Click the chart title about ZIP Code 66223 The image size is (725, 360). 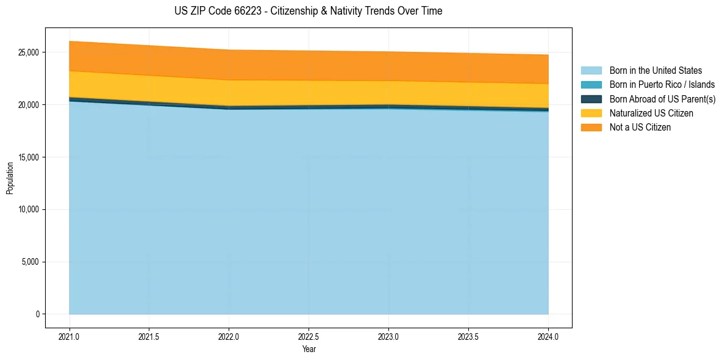(309, 11)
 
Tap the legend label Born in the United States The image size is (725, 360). (655, 71)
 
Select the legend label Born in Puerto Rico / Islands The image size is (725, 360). (662, 85)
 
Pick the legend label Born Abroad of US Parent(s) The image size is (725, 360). (662, 99)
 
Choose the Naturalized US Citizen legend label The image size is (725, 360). (651, 113)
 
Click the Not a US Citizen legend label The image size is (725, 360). (640, 128)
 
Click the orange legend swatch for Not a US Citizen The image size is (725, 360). (591, 128)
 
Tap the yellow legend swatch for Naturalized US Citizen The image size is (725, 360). (591, 113)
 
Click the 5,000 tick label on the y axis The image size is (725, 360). (30, 262)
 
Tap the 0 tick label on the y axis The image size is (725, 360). (37, 314)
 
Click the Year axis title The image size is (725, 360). (309, 349)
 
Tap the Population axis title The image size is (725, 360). (10, 178)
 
